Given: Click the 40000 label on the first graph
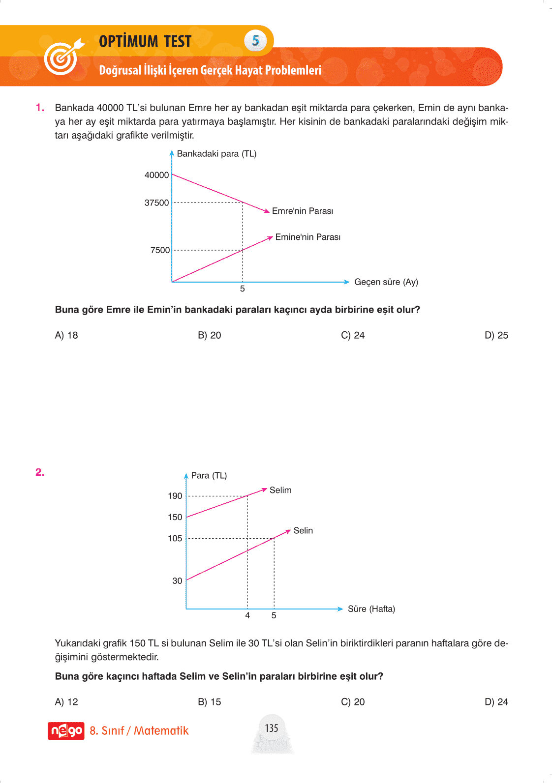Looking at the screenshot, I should (156, 175).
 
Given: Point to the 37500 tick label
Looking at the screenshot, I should (156, 203).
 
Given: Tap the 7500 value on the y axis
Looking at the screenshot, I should (160, 250).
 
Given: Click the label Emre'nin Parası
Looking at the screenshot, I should (302, 211).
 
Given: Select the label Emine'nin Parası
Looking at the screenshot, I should (307, 237).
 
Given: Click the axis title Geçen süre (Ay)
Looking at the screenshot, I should (386, 282).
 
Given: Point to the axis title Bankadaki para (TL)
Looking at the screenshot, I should (216, 154).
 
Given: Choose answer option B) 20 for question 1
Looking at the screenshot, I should (210, 335).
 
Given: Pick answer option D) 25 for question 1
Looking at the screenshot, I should (496, 335).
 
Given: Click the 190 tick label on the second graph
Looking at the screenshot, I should (175, 496).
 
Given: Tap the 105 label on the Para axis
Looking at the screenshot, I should (175, 538).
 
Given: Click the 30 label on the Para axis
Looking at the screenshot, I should (177, 581).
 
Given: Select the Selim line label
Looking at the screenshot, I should (280, 490).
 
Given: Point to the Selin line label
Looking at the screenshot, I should (303, 530).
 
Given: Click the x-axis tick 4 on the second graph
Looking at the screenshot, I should (247, 615).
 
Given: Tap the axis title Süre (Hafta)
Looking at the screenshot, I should (371, 609).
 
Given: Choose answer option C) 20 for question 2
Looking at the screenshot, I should (353, 702).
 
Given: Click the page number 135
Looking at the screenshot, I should (272, 728).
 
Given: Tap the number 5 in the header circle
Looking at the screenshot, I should (255, 40).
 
